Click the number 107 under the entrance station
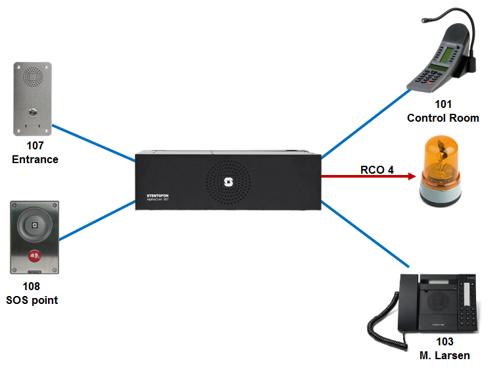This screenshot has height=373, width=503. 34,146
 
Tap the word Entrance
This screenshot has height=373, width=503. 34,159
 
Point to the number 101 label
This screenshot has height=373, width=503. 443,105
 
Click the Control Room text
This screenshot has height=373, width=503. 443,118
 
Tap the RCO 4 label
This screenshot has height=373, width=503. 377,170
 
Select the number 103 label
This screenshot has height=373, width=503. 444,342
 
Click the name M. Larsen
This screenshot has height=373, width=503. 444,356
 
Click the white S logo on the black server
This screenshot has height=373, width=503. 229,182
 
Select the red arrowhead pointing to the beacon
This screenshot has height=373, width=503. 411,176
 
